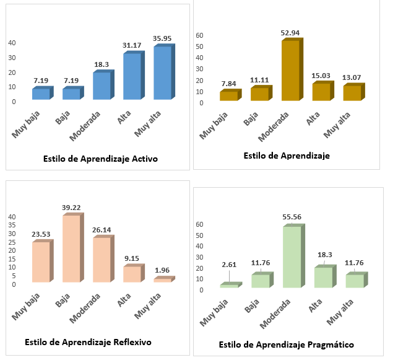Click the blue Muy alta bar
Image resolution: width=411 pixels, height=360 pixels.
pos(162,72)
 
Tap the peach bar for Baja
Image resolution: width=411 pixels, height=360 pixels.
pos(71,248)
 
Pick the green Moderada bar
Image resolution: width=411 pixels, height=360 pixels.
pos(292,257)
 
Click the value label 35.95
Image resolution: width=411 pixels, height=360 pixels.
pos(162,38)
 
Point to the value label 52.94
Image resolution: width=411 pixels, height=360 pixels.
pos(291,33)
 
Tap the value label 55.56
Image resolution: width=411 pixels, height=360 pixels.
pos(292,219)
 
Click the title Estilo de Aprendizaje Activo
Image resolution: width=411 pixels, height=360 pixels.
pos(100,159)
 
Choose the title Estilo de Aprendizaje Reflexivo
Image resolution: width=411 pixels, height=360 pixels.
pos(88,342)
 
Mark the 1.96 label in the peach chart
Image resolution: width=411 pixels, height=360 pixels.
pos(163,270)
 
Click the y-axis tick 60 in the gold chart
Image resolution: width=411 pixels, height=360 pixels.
pos(199,35)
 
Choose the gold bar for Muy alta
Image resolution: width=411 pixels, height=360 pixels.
pos(351,93)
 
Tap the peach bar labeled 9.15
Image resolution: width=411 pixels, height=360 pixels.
pos(132,274)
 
